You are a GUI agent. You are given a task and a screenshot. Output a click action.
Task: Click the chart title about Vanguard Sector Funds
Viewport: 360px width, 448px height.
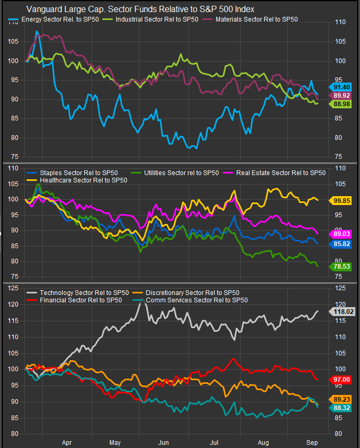point(140,9)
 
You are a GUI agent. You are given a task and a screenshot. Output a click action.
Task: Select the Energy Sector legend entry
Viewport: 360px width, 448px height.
point(54,19)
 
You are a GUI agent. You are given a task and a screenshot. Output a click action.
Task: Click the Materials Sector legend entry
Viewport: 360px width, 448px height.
point(250,19)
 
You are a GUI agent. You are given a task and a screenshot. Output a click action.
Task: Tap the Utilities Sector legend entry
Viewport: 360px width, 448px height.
point(175,173)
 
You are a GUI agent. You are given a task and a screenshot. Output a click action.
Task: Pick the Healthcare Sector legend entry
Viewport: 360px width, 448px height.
point(77,180)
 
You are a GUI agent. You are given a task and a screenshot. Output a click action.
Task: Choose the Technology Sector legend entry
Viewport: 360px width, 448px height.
point(77,293)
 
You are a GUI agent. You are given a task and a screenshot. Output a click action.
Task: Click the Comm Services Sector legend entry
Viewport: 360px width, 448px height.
point(190,300)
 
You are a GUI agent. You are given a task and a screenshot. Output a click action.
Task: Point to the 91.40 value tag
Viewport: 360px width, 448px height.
point(340,87)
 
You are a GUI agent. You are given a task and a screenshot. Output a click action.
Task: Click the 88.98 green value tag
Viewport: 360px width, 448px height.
point(340,104)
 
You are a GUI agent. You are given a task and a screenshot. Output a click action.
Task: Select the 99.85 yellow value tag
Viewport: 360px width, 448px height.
point(340,200)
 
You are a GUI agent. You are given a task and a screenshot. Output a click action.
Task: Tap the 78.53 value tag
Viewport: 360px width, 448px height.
point(340,267)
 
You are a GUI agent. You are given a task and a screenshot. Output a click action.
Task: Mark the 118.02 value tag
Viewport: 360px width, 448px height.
point(342,311)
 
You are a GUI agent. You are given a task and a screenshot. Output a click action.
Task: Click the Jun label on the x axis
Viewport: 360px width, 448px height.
point(164,443)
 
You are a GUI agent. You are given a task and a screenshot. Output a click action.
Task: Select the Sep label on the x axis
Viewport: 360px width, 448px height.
point(312,443)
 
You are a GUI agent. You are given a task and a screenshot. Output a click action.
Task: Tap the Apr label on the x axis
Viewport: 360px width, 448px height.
point(67,443)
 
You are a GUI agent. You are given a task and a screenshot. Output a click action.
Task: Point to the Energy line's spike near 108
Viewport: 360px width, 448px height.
point(37,32)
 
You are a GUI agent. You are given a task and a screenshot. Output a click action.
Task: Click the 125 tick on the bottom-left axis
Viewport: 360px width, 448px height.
point(13,288)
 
